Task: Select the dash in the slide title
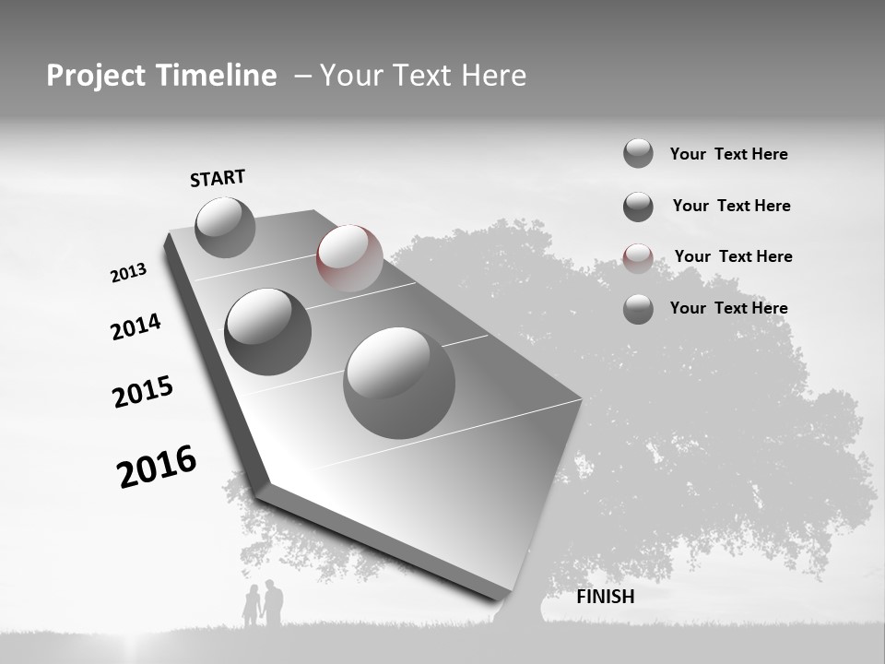pos(302,76)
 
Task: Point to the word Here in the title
pos(491,76)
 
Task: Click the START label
pos(218,178)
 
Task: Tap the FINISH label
pos(605,597)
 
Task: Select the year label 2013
pos(128,273)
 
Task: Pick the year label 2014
pos(136,326)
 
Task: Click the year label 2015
pos(142,392)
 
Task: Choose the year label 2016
pos(157,466)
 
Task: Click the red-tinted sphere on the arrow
pos(349,258)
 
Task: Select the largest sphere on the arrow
pos(399,383)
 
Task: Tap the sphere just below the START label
pos(225,227)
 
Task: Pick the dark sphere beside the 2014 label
pos(267,331)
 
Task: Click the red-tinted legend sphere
pos(638,258)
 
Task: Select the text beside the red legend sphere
pos(733,256)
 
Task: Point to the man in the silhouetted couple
pos(272,603)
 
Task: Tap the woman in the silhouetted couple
pos(251,607)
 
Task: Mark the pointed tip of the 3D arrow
pos(503,597)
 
